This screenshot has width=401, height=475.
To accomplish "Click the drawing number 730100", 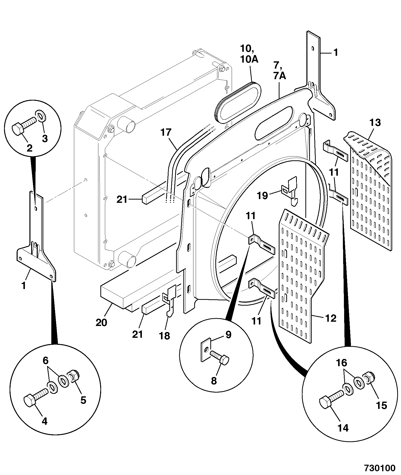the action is [380, 468].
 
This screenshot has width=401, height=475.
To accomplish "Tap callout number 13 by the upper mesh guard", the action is [375, 123].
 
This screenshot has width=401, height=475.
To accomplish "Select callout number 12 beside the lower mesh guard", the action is [331, 318].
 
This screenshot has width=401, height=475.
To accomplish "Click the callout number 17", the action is [166, 132].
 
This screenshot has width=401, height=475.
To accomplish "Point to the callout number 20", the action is [101, 322].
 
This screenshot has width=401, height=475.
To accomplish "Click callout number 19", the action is [262, 195].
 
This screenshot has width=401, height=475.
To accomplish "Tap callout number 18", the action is [165, 336].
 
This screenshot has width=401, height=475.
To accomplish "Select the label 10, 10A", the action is [249, 53].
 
